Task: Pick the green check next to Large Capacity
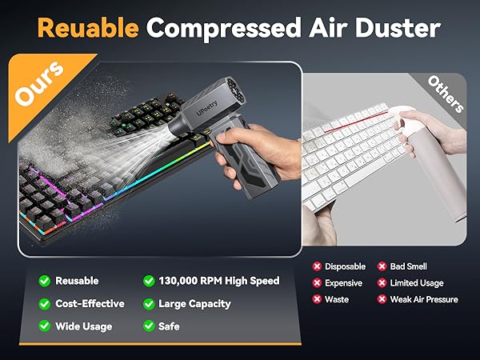[x=149, y=304]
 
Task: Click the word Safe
[x=169, y=326]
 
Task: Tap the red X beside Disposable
[x=318, y=266]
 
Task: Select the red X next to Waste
[x=318, y=299]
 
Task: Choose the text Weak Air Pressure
[x=424, y=299]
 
